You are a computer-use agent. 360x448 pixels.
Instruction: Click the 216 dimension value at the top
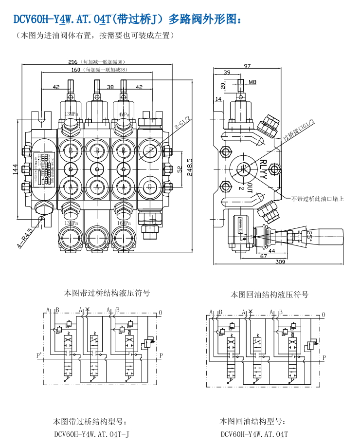click(x=73, y=62)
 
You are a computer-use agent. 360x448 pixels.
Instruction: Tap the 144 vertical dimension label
click(x=16, y=168)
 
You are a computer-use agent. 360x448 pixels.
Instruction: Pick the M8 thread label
click(x=252, y=82)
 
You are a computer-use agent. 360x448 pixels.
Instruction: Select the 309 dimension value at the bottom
click(x=280, y=262)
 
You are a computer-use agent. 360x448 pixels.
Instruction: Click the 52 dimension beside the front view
click(x=178, y=168)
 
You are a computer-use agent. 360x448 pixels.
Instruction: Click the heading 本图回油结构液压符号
click(x=269, y=295)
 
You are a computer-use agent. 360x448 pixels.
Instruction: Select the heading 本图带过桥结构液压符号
click(x=107, y=293)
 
